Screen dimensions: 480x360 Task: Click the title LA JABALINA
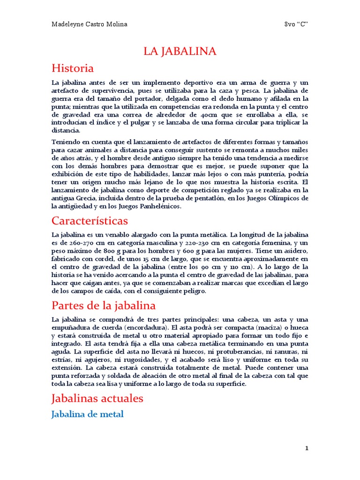click(180, 52)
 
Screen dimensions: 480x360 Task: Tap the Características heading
click(90, 220)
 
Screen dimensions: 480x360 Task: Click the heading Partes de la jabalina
click(103, 306)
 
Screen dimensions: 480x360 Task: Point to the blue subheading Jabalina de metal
click(87, 414)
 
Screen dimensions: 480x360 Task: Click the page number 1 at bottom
click(307, 448)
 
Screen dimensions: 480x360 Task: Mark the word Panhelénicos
click(159, 206)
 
